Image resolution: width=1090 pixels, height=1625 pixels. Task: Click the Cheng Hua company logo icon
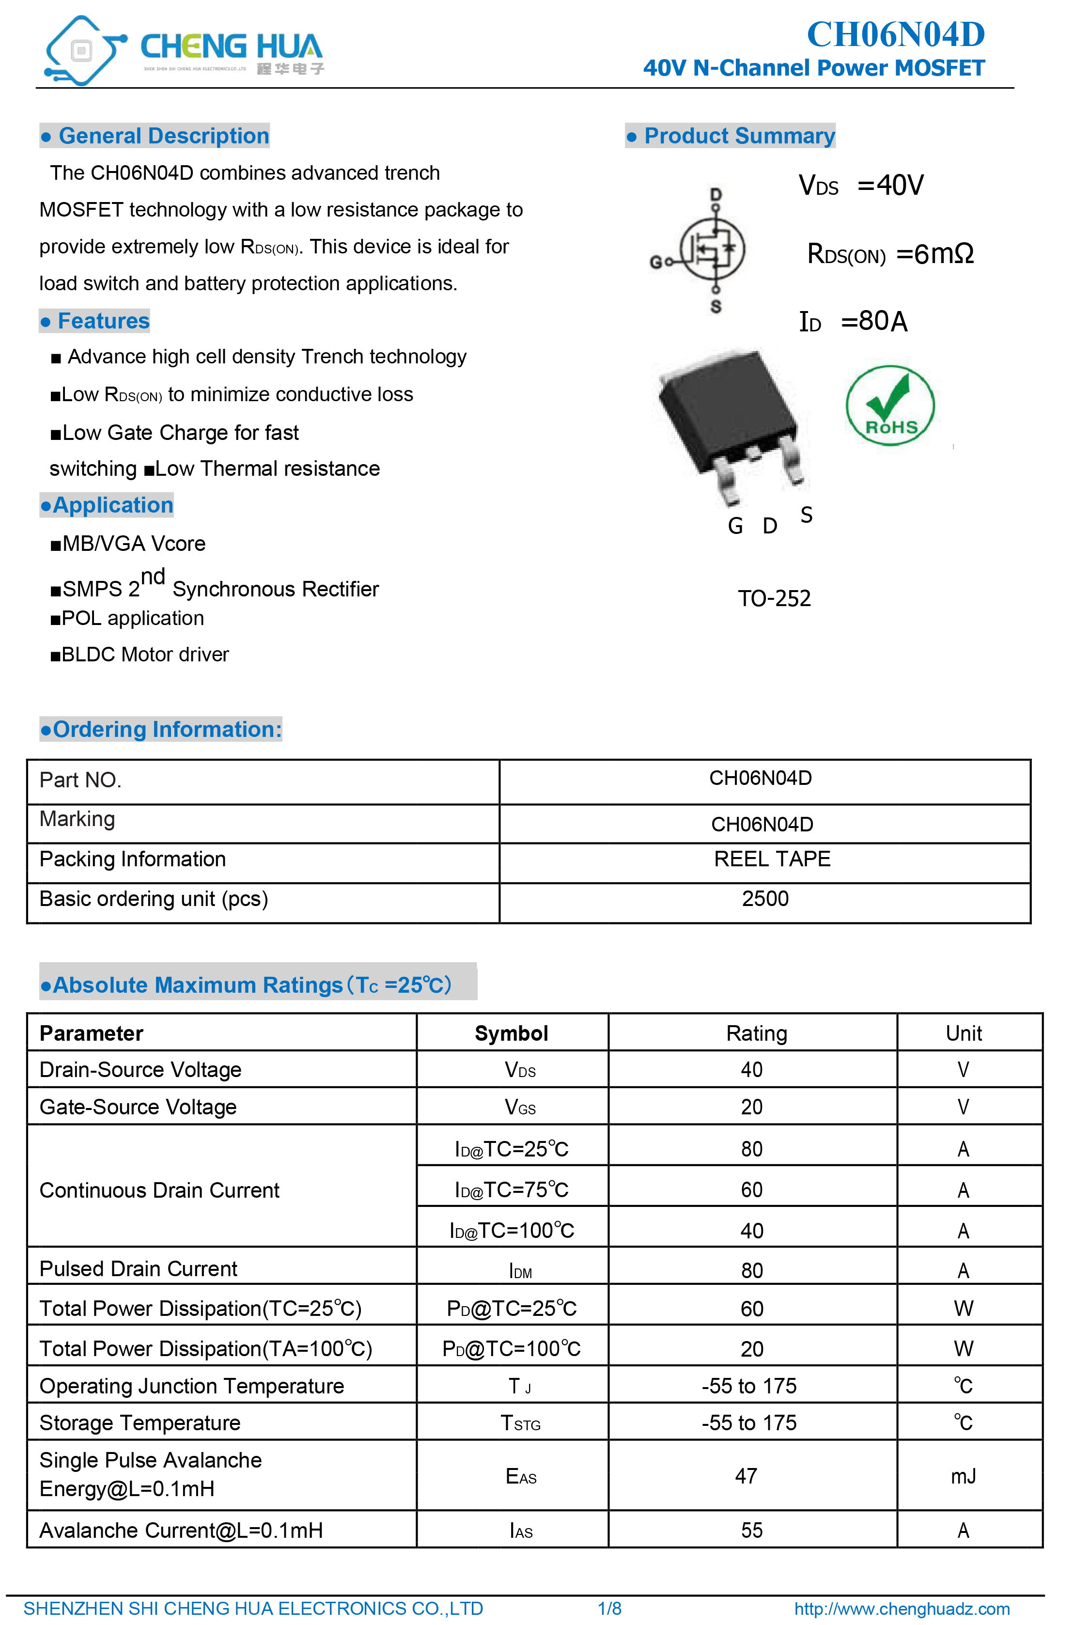coord(82,50)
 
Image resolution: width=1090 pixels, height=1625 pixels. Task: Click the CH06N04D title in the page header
coord(895,35)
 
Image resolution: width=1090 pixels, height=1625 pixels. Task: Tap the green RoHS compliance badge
coord(890,405)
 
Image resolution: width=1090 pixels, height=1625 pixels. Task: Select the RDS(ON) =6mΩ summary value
coord(890,254)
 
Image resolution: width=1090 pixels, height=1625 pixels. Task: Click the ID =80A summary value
coord(853,322)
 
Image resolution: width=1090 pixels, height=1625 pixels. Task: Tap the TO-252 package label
coord(774,598)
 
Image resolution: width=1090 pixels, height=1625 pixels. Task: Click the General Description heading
coord(155,136)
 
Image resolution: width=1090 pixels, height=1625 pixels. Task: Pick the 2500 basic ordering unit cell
coord(764,899)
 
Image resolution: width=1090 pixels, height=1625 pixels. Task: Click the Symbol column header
coord(511,1033)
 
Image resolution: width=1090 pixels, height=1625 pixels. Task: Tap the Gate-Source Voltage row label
coord(138,1107)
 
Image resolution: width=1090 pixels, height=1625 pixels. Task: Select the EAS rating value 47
coord(746,1476)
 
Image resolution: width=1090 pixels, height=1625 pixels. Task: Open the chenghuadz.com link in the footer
coord(902,1609)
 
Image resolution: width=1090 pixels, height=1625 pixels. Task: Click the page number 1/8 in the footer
coord(609,1609)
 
